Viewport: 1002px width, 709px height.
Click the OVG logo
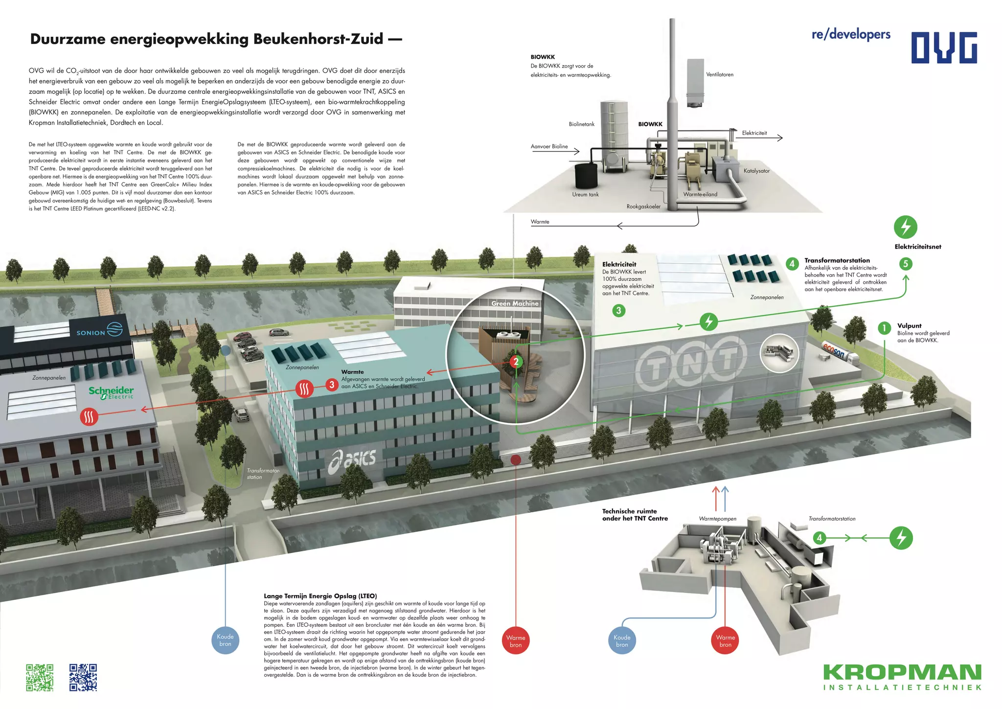pyautogui.click(x=944, y=47)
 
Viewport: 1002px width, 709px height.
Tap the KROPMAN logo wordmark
pyautogui.click(x=902, y=672)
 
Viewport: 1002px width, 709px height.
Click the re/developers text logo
pyautogui.click(x=851, y=34)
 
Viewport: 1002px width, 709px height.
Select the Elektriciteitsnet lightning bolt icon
pyautogui.click(x=905, y=227)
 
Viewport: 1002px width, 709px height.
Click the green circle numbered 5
pyautogui.click(x=906, y=264)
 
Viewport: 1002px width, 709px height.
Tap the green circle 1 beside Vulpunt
pyautogui.click(x=884, y=328)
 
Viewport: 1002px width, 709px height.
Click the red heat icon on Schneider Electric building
pyautogui.click(x=89, y=417)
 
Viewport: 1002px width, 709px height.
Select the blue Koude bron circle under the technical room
pyautogui.click(x=622, y=641)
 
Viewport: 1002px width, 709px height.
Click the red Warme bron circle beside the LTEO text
pyautogui.click(x=516, y=641)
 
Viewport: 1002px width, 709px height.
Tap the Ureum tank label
pyautogui.click(x=585, y=195)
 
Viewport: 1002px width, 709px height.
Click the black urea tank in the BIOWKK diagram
pyautogui.click(x=586, y=175)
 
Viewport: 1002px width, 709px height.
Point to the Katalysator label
pyautogui.click(x=756, y=171)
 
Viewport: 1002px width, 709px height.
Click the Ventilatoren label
pyautogui.click(x=719, y=75)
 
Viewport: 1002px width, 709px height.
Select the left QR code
pyautogui.click(x=40, y=677)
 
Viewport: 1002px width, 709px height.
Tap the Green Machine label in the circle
pyautogui.click(x=515, y=303)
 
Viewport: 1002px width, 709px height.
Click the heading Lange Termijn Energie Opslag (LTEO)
pyautogui.click(x=320, y=596)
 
